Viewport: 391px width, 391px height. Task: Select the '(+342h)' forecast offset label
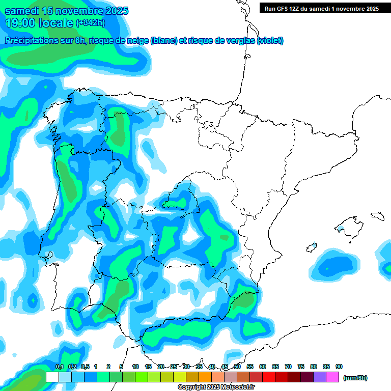(91, 22)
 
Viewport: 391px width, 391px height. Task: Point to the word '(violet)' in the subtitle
(270, 41)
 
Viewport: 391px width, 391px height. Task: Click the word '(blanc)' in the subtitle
(163, 41)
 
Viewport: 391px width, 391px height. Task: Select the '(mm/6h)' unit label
(355, 378)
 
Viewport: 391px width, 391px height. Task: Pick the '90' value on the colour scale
(339, 367)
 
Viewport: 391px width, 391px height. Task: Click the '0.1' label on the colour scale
(60, 367)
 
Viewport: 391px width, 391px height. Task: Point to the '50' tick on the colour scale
(237, 367)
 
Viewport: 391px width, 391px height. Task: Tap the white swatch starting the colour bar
(52, 377)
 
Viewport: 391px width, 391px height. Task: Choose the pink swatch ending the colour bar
(333, 377)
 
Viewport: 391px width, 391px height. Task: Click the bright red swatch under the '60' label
(269, 377)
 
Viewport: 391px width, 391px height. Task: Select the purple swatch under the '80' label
(320, 377)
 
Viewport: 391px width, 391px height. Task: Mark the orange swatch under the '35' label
(205, 377)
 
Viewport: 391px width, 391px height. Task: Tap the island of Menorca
(377, 216)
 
